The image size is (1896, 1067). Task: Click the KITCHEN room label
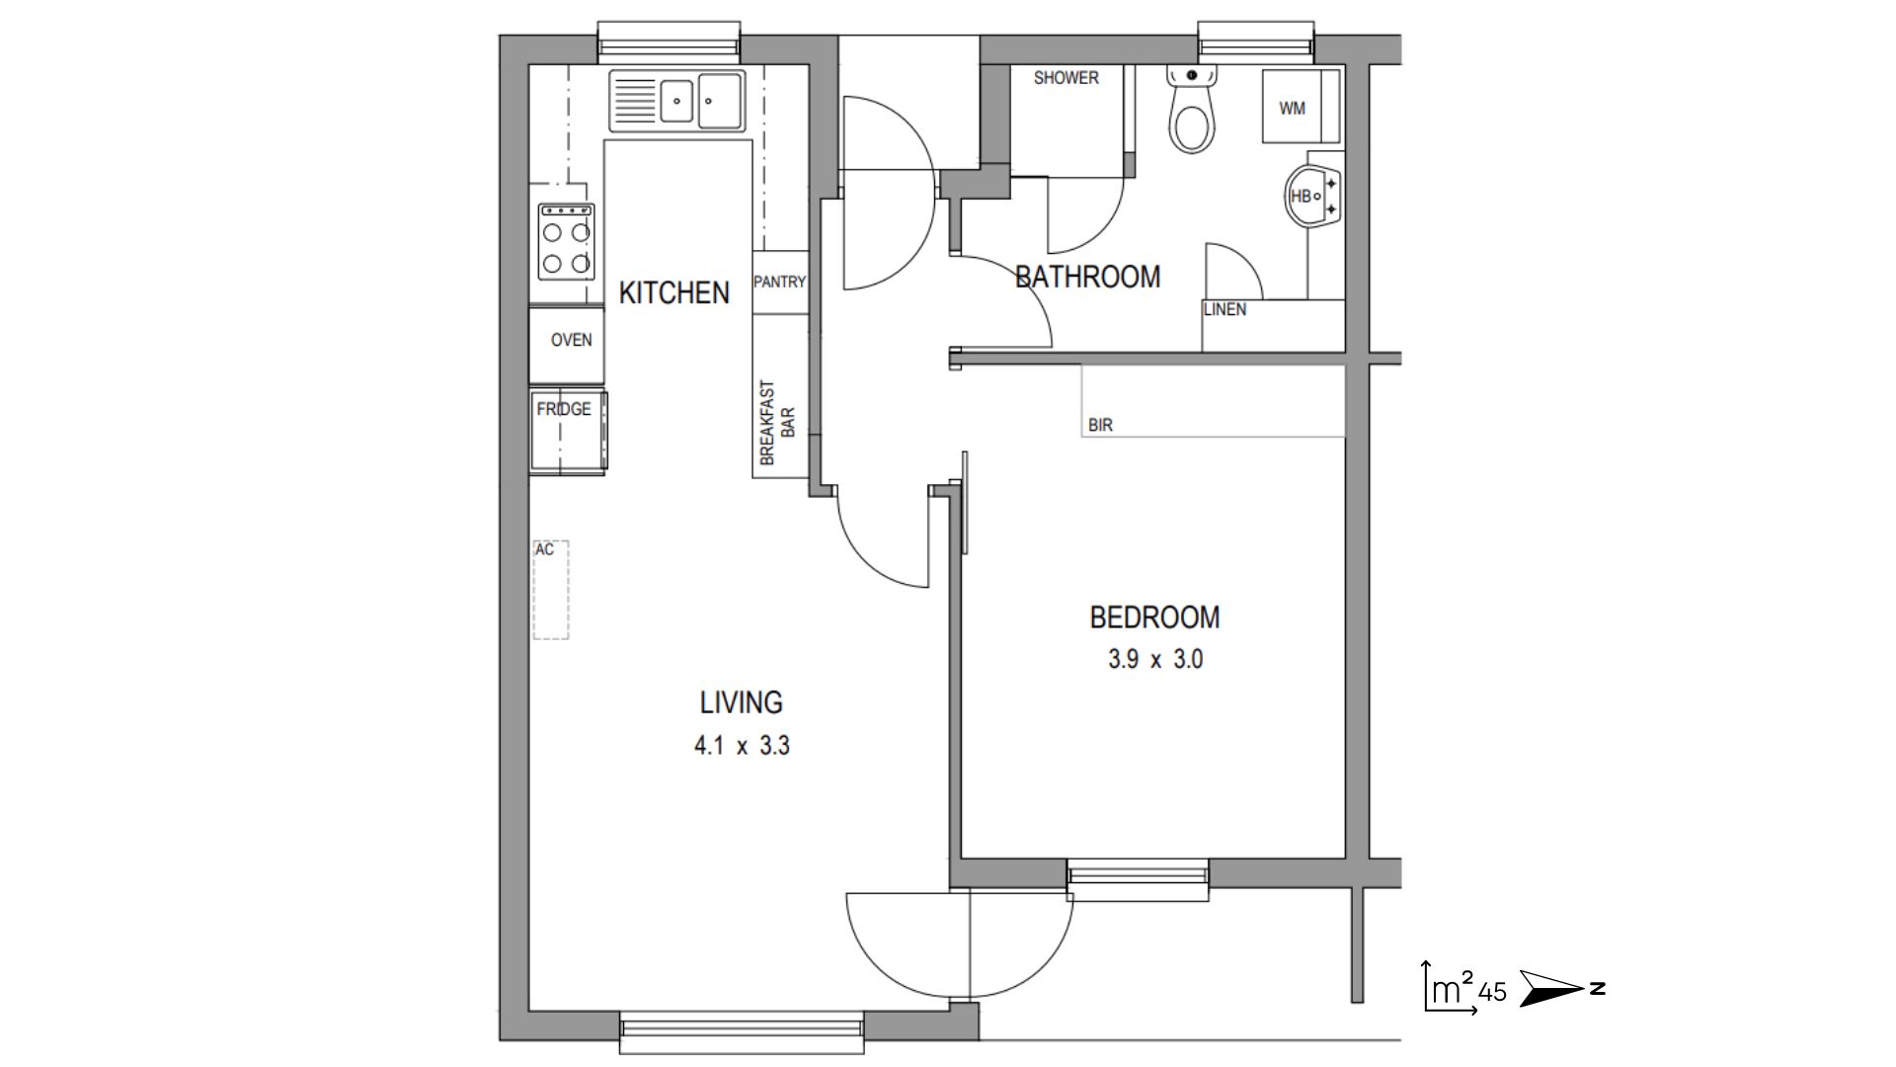coord(673,292)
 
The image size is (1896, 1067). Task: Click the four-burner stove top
coord(566,241)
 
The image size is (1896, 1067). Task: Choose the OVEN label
coord(571,340)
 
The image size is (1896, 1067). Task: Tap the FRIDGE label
coord(564,409)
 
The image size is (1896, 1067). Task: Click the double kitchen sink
coord(677,100)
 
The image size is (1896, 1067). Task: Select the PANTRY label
coord(779,282)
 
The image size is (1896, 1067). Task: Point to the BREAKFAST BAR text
coord(778,423)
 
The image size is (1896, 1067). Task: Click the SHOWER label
coord(1066,78)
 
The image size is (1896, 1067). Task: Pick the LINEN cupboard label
coord(1224,309)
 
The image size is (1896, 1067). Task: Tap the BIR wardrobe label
coord(1100,425)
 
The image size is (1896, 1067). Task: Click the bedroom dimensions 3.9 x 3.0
coord(1155,659)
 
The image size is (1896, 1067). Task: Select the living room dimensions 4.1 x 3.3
coord(742,745)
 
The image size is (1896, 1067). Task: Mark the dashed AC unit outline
coord(551,590)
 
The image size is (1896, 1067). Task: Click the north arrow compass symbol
coord(1561,988)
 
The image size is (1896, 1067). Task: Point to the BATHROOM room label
coord(1087,277)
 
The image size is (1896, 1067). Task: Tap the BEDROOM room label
coord(1154,617)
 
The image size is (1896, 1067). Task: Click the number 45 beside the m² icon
coord(1493,992)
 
